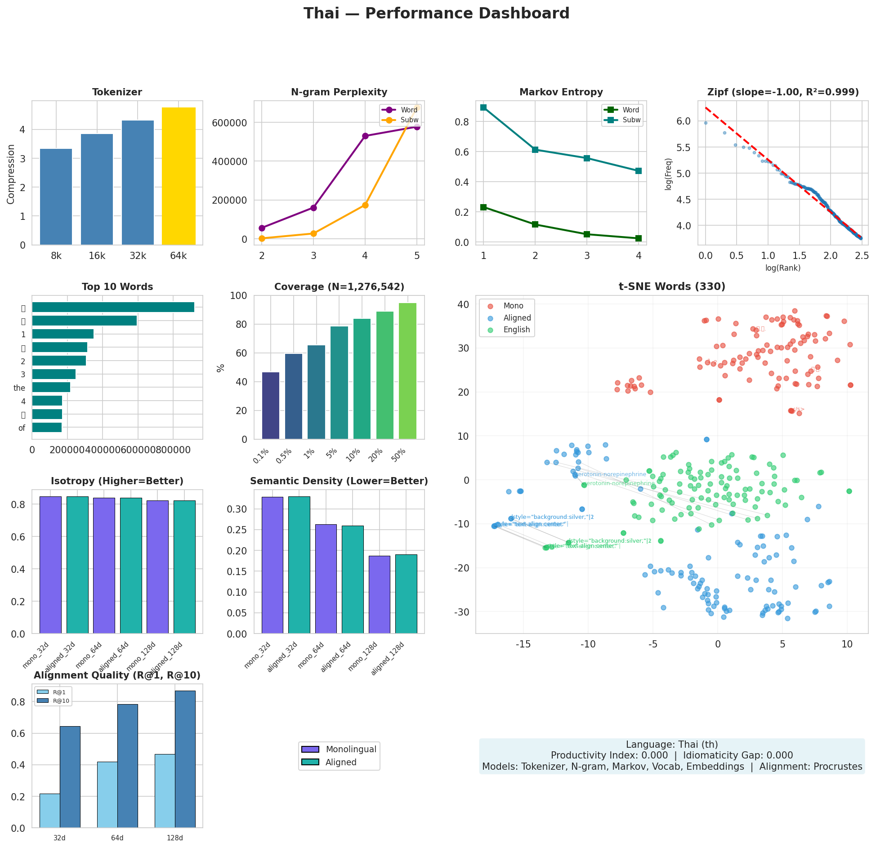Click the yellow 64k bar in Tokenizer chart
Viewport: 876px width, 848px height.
tap(179, 176)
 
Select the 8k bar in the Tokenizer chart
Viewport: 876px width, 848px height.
tap(56, 197)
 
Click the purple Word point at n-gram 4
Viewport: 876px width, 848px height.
tap(365, 136)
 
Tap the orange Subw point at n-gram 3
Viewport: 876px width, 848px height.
tap(313, 233)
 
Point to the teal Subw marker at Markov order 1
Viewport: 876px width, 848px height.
tap(483, 107)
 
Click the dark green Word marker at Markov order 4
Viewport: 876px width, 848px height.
tap(638, 238)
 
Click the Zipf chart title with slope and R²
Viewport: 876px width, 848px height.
tap(783, 92)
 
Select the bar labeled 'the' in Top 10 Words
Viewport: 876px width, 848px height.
tap(51, 387)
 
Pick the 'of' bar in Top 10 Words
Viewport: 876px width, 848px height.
tap(47, 427)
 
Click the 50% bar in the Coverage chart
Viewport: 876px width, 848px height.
tap(407, 371)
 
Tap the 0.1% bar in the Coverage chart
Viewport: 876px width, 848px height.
tap(271, 406)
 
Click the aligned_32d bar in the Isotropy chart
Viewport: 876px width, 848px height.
tap(77, 565)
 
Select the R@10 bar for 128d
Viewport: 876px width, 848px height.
tap(185, 759)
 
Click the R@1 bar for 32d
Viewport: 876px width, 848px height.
tap(49, 810)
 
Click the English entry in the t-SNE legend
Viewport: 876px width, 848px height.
tap(516, 330)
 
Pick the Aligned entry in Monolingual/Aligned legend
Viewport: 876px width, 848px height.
tap(341, 762)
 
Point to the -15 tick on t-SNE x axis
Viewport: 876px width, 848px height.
tap(523, 644)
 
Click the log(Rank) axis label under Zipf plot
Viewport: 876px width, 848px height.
tap(783, 268)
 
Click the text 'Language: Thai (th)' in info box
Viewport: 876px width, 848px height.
tap(672, 745)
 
